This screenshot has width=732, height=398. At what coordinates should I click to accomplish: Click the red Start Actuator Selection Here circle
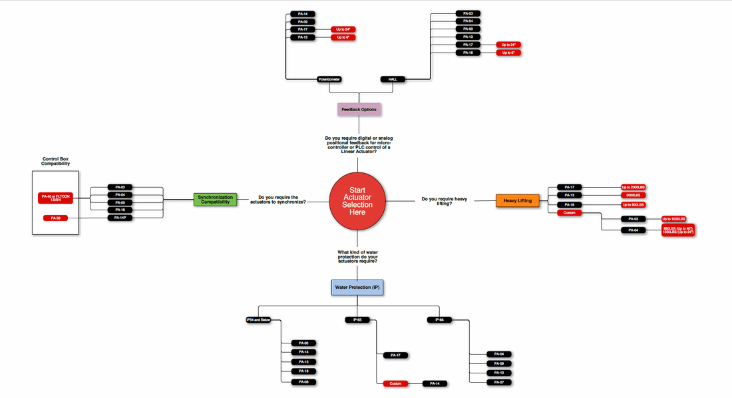[357, 201]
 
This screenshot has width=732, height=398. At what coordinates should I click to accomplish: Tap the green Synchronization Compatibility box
[216, 199]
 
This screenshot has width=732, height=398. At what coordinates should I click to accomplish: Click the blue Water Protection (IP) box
[359, 287]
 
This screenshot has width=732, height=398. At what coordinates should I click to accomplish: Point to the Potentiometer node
[329, 79]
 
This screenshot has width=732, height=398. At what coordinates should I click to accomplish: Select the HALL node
[393, 79]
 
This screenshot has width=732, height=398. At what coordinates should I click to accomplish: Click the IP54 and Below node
[258, 320]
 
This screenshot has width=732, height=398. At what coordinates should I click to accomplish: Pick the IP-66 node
[439, 320]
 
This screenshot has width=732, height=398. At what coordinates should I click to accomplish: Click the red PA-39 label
[55, 218]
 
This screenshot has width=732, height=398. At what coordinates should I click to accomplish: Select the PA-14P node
[120, 218]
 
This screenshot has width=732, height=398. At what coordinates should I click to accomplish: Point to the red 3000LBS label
[634, 196]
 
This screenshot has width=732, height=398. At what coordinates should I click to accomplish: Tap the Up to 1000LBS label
[673, 218]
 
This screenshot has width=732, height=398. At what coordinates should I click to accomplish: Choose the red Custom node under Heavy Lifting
[570, 213]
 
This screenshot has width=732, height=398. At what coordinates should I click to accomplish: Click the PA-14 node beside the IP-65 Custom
[435, 383]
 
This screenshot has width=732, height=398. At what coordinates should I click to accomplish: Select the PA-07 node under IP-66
[499, 382]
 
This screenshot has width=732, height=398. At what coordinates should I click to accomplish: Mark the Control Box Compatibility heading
[56, 160]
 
